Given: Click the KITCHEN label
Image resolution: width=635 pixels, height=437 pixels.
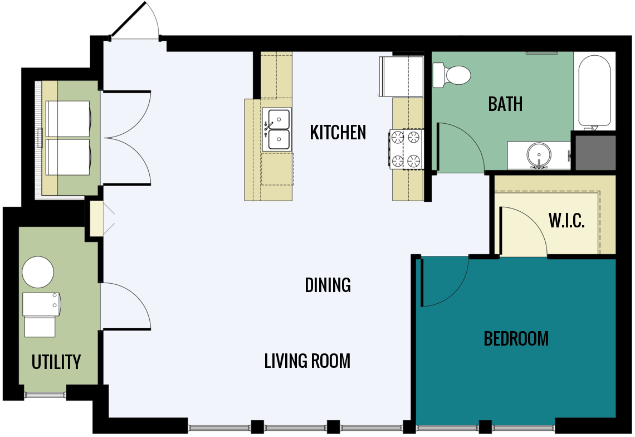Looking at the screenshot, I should coord(338,133).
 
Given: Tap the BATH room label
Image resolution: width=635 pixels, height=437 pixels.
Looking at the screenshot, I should coord(505,104).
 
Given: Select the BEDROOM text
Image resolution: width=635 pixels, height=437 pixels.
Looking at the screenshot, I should coord(516,339).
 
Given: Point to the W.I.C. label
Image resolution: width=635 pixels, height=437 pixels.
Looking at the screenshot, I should coord(566,221).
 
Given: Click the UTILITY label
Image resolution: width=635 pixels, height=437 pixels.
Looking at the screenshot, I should coord(56,362).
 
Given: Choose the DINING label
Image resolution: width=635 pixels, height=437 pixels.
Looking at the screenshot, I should coord(328,285).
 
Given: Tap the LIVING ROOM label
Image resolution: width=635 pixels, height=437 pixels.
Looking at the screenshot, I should coord(307,361).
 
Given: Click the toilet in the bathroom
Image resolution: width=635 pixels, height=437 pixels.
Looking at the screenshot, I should coord(452,75).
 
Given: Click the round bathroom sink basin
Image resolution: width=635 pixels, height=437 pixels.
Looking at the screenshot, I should coord(539,154).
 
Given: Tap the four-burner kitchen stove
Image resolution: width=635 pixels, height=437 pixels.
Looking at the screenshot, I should coord(407,149).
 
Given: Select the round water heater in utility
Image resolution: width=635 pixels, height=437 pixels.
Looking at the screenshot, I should coord(38,272).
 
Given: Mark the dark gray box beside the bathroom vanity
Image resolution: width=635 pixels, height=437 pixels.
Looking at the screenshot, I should coord(595,152).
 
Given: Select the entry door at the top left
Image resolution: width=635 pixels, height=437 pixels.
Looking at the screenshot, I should coord(136,21).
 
